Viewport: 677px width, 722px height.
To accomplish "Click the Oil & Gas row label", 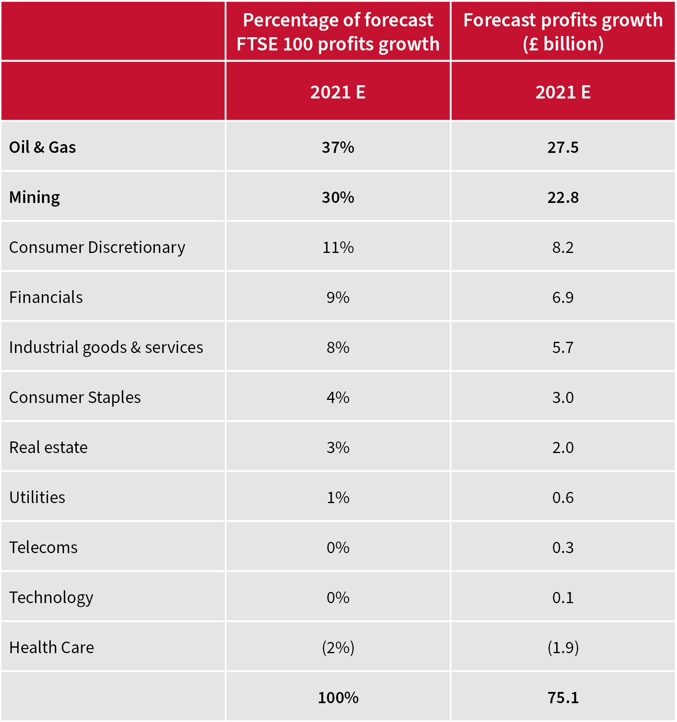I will point(42,147).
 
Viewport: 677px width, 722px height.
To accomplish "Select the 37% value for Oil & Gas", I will point(338,147).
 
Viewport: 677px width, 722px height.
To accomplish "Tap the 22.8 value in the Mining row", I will point(563,197).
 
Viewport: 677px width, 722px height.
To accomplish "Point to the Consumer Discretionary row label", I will point(97,247).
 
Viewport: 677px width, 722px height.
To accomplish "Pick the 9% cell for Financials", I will point(338,297).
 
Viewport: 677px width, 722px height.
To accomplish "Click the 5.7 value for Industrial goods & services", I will point(563,347).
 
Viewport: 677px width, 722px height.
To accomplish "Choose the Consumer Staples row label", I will point(75,397).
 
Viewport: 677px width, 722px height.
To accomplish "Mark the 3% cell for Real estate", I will point(338,447).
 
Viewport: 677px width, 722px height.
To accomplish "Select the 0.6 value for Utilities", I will point(563,497).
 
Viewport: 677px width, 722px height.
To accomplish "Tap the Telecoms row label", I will point(43,548).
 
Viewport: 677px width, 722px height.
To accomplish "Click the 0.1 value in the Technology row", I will point(563,598).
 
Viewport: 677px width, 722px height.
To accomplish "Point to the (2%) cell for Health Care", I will point(338,648).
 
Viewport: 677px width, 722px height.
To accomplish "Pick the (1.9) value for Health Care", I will point(563,648).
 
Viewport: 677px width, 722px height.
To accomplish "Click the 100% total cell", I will point(338,698).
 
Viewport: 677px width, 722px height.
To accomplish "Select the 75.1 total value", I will point(563,698).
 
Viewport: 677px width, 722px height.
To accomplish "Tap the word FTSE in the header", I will point(257,44).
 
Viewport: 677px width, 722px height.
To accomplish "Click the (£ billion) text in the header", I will point(563,44).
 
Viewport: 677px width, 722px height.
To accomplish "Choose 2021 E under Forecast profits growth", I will point(563,92).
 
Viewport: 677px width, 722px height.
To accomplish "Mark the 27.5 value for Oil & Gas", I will point(563,147).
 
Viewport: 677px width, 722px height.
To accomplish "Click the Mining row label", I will point(34,197).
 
